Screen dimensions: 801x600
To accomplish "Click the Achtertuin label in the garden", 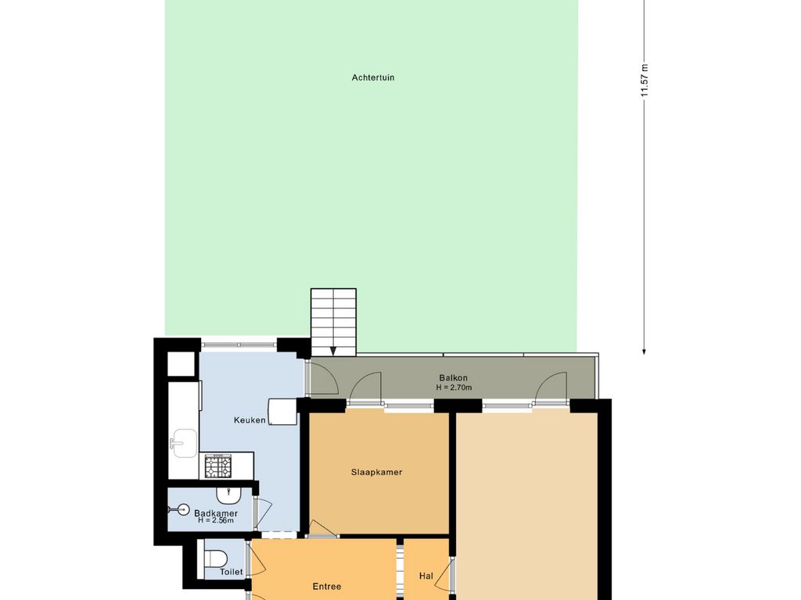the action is click(373, 77).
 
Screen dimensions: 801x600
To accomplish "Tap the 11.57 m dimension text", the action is click(645, 80).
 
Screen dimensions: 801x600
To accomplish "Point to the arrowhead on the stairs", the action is click(333, 351).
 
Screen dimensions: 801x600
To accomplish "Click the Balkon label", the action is click(453, 378).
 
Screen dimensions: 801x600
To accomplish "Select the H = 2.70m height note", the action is click(454, 387).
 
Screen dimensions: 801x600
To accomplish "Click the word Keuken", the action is click(250, 420).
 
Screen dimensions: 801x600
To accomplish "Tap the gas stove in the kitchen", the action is click(218, 466).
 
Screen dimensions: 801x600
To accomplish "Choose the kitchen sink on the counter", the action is click(183, 444).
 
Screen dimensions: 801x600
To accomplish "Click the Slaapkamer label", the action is click(376, 473).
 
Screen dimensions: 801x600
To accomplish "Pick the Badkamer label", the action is click(216, 513).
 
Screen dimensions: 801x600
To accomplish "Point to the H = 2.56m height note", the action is click(216, 520).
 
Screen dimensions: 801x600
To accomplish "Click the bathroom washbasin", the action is click(228, 495).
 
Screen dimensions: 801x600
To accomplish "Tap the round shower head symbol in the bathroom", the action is click(180, 509).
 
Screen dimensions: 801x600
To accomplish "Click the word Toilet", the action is click(232, 572).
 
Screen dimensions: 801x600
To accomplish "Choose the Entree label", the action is click(327, 587).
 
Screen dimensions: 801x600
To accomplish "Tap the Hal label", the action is click(426, 576).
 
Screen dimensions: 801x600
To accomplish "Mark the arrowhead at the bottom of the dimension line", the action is click(645, 351).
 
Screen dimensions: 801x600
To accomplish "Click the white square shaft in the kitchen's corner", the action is click(181, 364).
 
